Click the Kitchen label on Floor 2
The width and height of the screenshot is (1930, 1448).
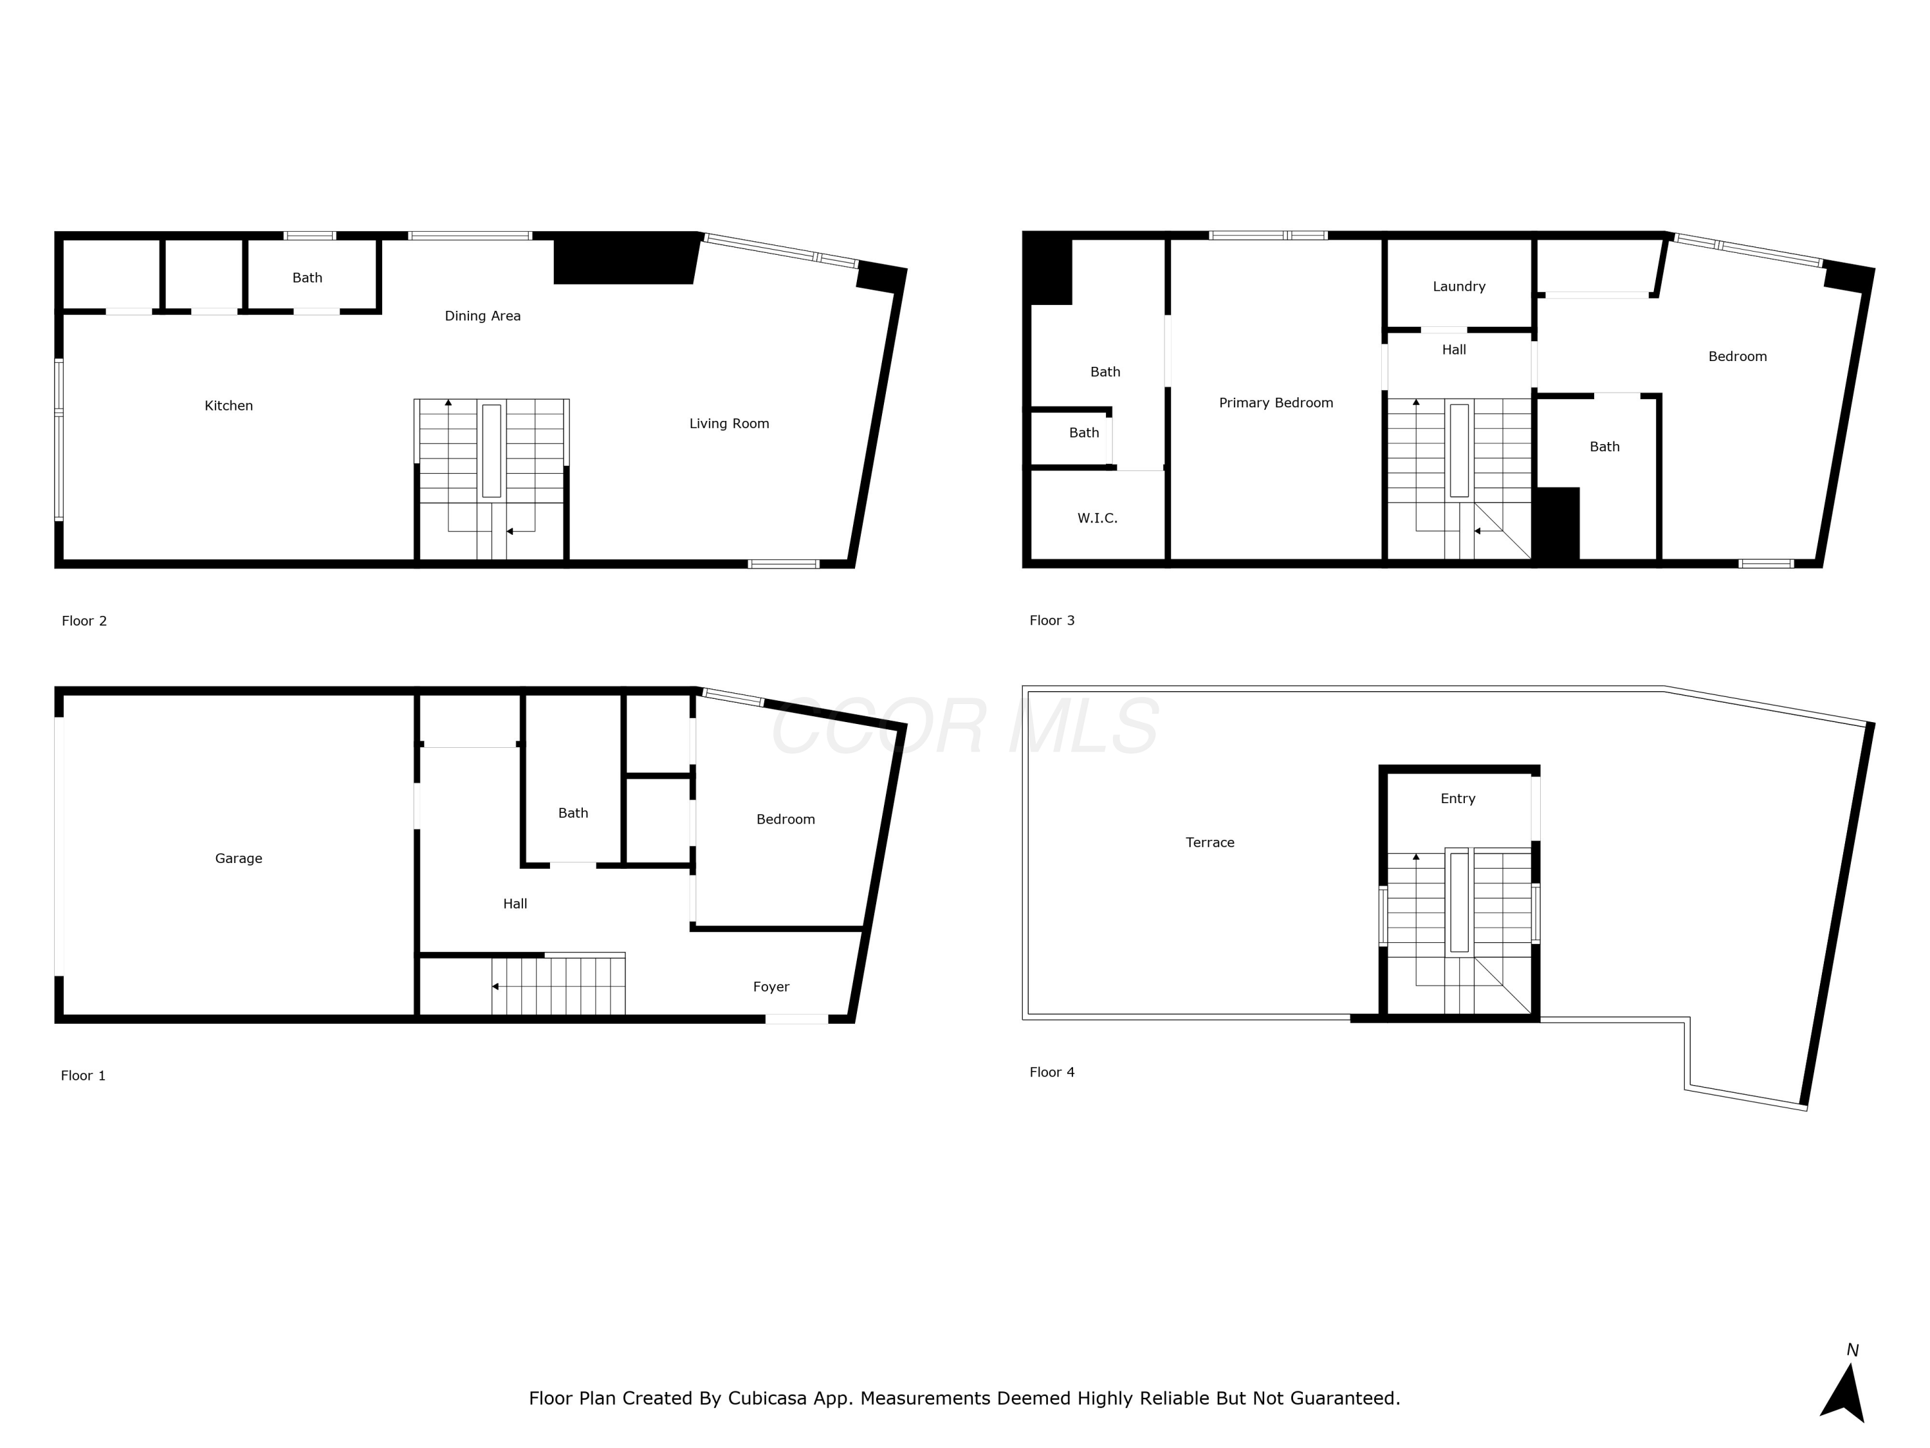(x=228, y=406)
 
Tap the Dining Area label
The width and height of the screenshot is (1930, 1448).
(x=482, y=316)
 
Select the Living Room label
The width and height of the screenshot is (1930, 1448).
(x=730, y=424)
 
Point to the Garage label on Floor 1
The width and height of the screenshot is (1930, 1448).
(x=238, y=859)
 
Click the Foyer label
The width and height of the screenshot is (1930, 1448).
(x=771, y=987)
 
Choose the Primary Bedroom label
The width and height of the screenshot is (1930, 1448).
(x=1276, y=404)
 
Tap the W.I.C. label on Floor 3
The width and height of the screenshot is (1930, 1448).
(x=1097, y=519)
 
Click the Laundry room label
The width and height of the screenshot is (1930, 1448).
(x=1459, y=286)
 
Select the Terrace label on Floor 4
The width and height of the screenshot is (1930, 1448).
(x=1209, y=843)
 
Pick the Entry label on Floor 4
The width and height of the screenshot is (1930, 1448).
(x=1458, y=799)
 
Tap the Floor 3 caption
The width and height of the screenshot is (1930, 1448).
(x=1052, y=620)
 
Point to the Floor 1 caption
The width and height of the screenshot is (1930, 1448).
(x=83, y=1076)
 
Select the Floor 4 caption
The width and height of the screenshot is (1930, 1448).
(x=1052, y=1073)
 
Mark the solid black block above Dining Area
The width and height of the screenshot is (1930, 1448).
(x=625, y=258)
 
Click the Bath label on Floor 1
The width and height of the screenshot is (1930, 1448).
(x=573, y=813)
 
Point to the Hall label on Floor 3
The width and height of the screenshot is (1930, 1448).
(x=1453, y=350)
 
